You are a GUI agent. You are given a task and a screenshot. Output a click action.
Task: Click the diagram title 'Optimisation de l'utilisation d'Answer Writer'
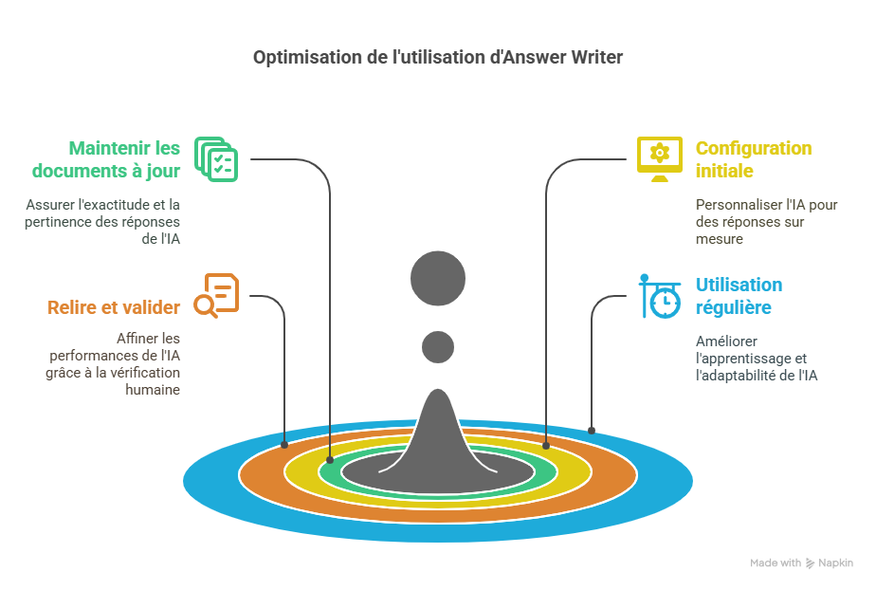438,58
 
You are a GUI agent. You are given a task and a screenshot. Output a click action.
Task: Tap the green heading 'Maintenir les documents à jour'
105,159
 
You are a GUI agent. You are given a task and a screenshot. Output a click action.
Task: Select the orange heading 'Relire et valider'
113,307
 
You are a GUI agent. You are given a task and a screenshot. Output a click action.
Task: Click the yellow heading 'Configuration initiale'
753,159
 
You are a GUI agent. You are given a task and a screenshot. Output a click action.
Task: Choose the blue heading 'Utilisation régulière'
739,296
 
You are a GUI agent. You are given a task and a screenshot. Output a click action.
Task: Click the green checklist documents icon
216,158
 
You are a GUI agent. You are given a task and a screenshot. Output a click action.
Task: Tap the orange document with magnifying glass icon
215,296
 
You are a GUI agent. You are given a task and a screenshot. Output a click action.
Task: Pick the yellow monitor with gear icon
659,158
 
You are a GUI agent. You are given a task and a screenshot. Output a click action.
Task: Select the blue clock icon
660,297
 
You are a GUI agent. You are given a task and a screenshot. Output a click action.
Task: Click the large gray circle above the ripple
438,279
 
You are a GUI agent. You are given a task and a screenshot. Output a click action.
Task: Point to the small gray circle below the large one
438,346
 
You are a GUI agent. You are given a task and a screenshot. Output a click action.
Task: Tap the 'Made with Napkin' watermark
801,562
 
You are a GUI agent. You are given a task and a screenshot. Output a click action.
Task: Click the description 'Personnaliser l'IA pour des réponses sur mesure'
766,221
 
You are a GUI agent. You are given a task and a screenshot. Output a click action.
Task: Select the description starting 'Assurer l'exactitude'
103,221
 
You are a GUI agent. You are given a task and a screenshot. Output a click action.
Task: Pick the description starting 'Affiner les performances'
113,363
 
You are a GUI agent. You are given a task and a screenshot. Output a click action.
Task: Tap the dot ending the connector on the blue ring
592,431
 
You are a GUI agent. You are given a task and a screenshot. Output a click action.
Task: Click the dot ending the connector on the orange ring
284,444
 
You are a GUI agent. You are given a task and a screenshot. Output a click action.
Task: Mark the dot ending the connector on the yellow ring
546,445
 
